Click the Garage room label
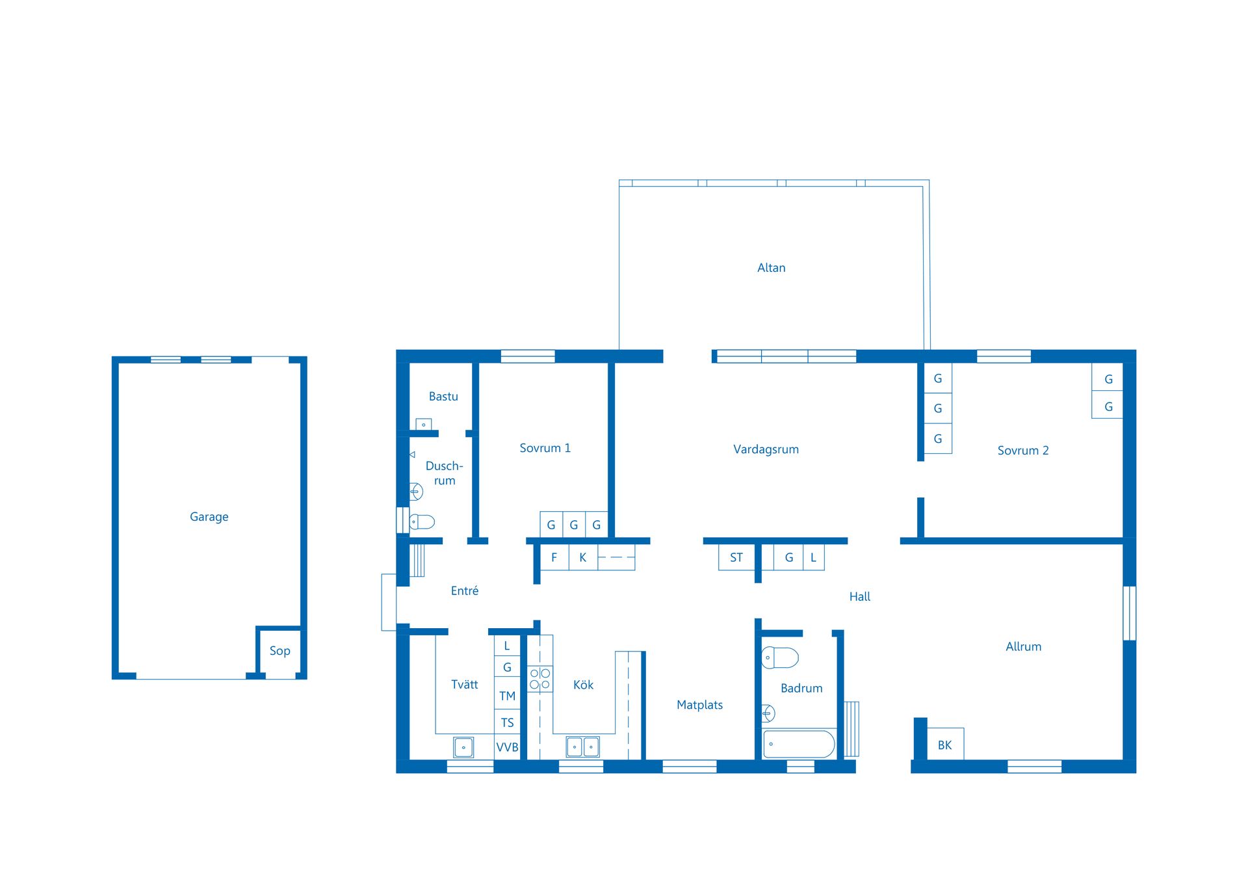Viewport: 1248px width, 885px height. click(209, 517)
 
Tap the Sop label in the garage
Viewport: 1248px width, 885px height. click(279, 651)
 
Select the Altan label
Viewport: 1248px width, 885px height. click(771, 268)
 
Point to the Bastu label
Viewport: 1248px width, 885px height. click(443, 397)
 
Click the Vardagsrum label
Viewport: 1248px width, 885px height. click(766, 449)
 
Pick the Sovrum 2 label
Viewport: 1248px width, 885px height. click(1023, 451)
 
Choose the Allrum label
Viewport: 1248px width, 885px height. click(1023, 647)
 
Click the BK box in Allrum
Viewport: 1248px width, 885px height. click(945, 744)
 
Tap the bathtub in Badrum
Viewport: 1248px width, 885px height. click(799, 744)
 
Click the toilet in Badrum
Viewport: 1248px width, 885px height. click(779, 657)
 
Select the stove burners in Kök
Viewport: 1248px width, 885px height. click(539, 679)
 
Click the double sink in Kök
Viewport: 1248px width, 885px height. click(582, 746)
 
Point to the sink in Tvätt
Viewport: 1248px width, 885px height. click(463, 747)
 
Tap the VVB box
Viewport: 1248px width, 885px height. click(507, 747)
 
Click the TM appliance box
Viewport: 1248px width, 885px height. click(507, 696)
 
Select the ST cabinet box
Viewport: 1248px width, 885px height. click(736, 557)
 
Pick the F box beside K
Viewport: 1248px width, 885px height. click(554, 557)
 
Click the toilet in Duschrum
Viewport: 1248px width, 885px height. click(422, 522)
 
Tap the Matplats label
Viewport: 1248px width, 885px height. click(699, 705)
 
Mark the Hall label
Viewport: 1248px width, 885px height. click(859, 597)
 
